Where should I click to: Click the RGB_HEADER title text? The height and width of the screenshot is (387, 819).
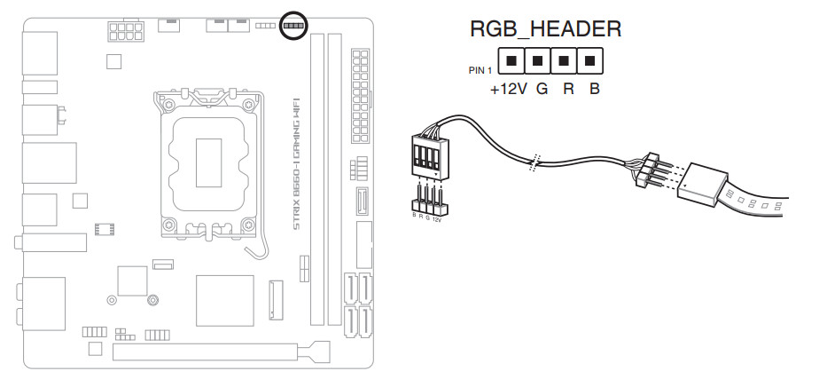[545, 28]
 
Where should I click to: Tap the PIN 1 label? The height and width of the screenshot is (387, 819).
[480, 69]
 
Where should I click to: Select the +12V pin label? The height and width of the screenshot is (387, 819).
[508, 90]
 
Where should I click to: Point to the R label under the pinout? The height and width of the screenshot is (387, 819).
[567, 90]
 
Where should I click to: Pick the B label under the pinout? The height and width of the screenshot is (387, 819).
[594, 90]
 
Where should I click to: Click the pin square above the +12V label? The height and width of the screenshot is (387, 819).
[511, 61]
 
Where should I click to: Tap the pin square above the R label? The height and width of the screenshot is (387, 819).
[564, 61]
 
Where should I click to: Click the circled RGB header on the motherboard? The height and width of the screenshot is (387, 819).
[292, 26]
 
